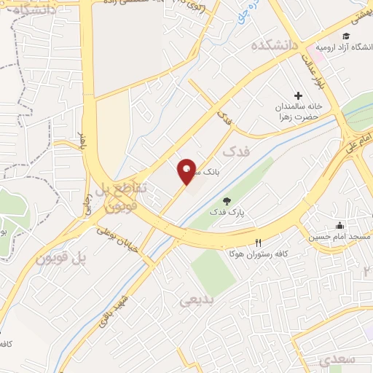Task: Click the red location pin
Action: tap(187, 171)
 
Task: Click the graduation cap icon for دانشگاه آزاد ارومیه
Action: tap(347, 36)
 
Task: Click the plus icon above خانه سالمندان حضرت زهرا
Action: tap(298, 95)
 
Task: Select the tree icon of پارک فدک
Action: tap(227, 200)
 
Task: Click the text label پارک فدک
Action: tap(227, 213)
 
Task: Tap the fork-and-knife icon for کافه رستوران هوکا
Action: tap(257, 243)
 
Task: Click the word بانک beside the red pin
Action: tap(207, 172)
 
